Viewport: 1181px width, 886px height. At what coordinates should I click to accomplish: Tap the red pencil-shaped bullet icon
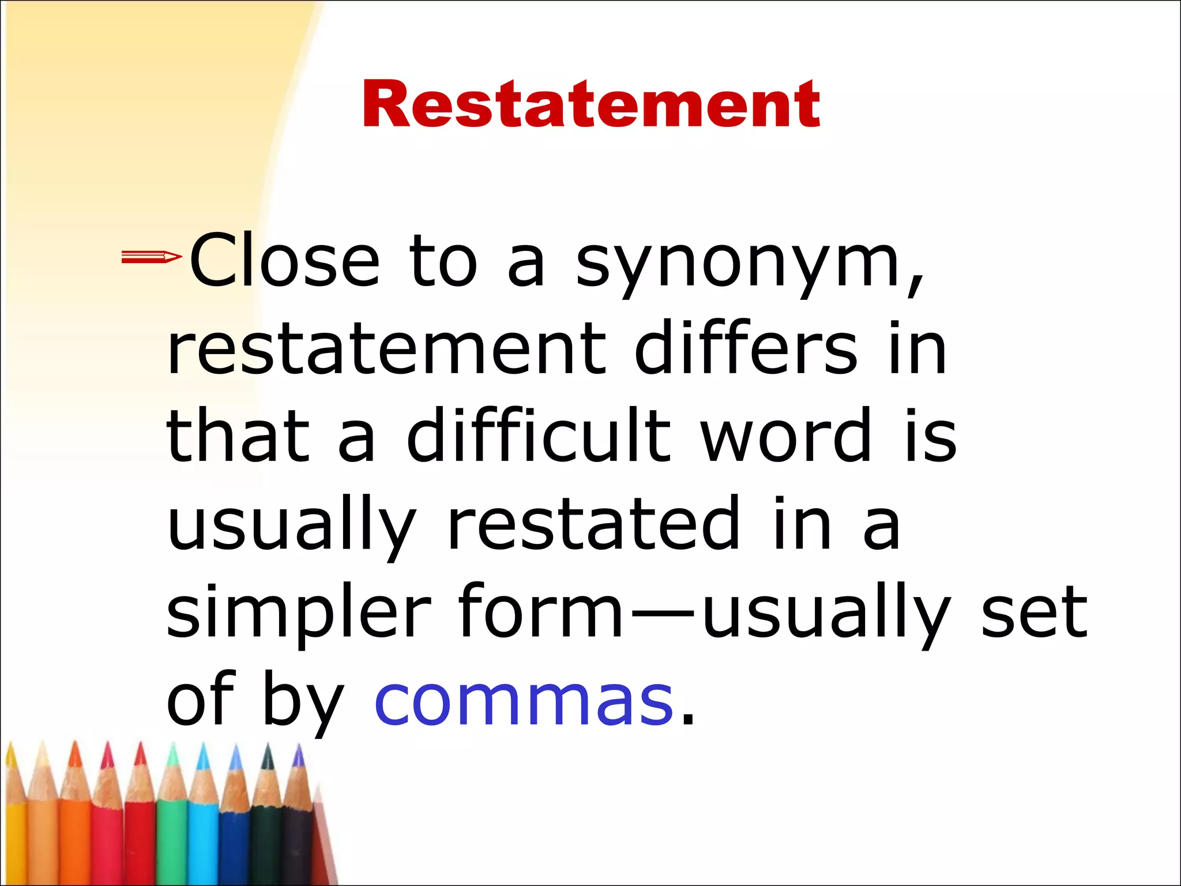(x=151, y=257)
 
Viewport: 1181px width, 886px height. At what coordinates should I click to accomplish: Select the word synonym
(x=738, y=265)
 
